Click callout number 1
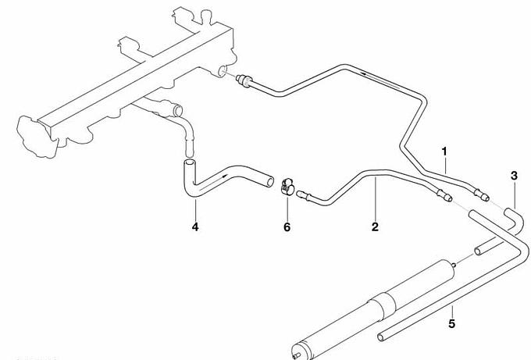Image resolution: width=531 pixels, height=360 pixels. pos(444,151)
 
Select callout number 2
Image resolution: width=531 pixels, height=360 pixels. pos(375,226)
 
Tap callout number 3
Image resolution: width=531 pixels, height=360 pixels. pos(514,176)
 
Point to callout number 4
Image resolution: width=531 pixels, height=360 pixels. pos(195,226)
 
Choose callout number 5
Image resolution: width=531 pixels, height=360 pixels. pos(452,323)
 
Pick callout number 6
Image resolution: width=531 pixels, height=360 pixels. pos(287,227)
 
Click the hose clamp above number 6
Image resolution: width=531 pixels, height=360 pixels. pos(287,187)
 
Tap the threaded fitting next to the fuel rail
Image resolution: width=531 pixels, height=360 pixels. pos(244,80)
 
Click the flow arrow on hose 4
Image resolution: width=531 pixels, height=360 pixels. pos(212,181)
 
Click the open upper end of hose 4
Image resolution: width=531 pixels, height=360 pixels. pos(189,163)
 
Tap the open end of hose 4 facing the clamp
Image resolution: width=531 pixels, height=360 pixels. pos(270,181)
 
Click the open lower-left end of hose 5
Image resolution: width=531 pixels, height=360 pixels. pos(381,337)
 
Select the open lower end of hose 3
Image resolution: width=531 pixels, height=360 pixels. pos(478,251)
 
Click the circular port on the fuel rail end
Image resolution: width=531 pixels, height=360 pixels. pos(222,72)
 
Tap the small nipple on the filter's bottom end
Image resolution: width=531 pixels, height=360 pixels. pos(297,355)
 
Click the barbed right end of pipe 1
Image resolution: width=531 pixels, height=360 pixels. pos(481,194)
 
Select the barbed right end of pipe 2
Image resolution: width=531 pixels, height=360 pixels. pos(444,195)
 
